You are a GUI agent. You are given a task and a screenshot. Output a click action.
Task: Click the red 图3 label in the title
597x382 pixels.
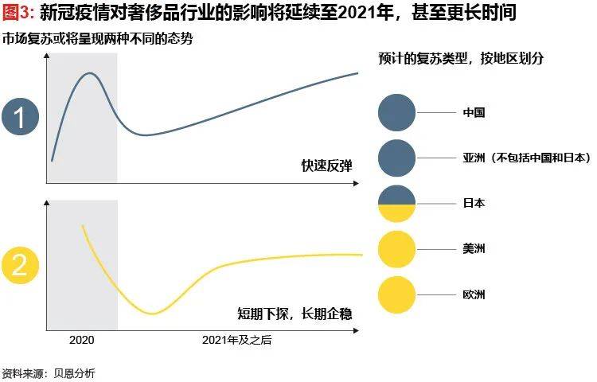click(x=18, y=14)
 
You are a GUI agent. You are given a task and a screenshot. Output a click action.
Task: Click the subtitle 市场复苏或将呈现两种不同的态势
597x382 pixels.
click(x=97, y=39)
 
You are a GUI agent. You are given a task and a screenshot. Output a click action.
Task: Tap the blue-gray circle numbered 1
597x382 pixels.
click(x=20, y=117)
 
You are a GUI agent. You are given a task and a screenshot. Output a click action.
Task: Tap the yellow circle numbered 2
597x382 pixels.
click(x=20, y=266)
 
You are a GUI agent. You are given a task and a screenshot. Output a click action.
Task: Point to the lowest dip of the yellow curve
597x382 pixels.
click(x=152, y=313)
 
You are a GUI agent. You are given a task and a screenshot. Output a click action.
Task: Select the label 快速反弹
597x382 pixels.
click(x=326, y=166)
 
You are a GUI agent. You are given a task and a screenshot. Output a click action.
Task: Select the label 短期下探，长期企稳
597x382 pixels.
click(x=295, y=312)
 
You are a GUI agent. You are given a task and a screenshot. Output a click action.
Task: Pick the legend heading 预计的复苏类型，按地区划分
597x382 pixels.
click(x=462, y=60)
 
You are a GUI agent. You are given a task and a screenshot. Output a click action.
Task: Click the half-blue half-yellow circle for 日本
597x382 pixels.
click(x=397, y=203)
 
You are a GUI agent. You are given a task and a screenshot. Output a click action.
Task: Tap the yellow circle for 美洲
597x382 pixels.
click(x=397, y=248)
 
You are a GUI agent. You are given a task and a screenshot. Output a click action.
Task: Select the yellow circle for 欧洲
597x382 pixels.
click(x=397, y=294)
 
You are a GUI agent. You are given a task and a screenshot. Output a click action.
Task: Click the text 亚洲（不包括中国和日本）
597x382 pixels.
click(x=526, y=158)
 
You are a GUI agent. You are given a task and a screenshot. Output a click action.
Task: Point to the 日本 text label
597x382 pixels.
click(x=474, y=203)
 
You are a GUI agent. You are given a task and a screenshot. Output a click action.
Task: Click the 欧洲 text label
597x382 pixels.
click(x=474, y=294)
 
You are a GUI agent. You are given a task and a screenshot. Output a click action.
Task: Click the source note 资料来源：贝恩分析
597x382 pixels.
click(x=48, y=372)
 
